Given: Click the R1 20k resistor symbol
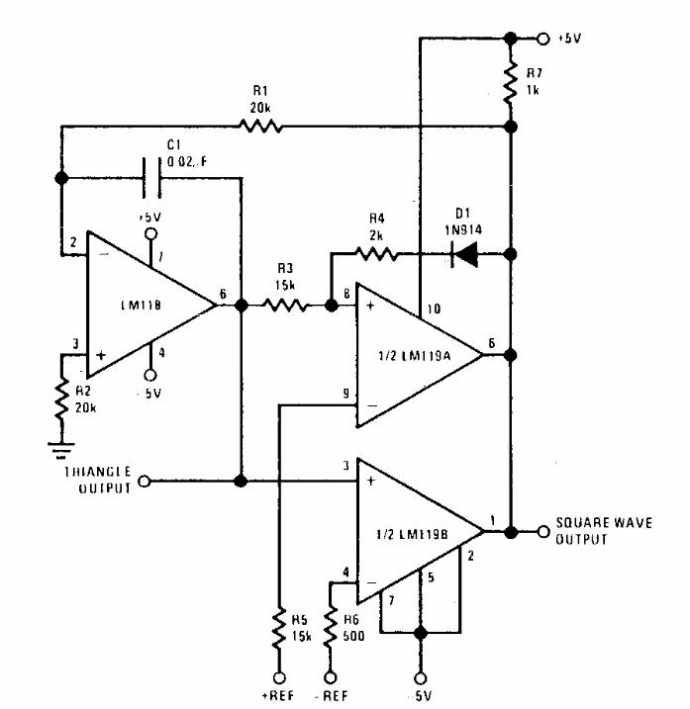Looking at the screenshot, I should point(260,126).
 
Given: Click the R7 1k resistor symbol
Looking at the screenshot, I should point(512,83).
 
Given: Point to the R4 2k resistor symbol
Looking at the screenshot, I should point(377,254).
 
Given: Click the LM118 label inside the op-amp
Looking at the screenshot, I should point(133,306).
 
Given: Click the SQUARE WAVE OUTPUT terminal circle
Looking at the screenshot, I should point(542,531).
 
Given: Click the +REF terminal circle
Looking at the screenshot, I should point(282,679).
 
